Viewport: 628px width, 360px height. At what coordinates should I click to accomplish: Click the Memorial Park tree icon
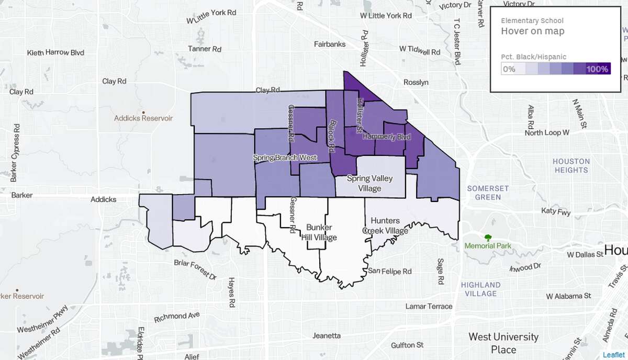[x=488, y=237]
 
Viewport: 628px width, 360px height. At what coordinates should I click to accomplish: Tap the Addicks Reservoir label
[x=143, y=118]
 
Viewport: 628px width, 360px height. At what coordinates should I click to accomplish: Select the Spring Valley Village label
[x=370, y=183]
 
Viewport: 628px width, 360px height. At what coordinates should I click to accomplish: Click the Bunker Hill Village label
[x=321, y=232]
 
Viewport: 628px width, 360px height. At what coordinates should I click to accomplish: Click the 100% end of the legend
[x=597, y=69]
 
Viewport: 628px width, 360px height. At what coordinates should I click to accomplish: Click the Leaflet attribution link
[x=613, y=355]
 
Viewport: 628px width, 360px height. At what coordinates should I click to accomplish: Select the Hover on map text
[x=533, y=31]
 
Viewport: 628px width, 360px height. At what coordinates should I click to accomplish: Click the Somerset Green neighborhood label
[x=488, y=193]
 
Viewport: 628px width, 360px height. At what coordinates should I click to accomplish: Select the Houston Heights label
[x=571, y=165]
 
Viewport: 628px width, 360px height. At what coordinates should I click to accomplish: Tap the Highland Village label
[x=480, y=289]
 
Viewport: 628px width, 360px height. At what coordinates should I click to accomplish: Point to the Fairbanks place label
[x=330, y=44]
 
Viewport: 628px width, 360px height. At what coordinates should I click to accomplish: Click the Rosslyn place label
[x=416, y=82]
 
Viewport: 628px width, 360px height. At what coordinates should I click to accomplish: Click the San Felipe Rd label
[x=389, y=271]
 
